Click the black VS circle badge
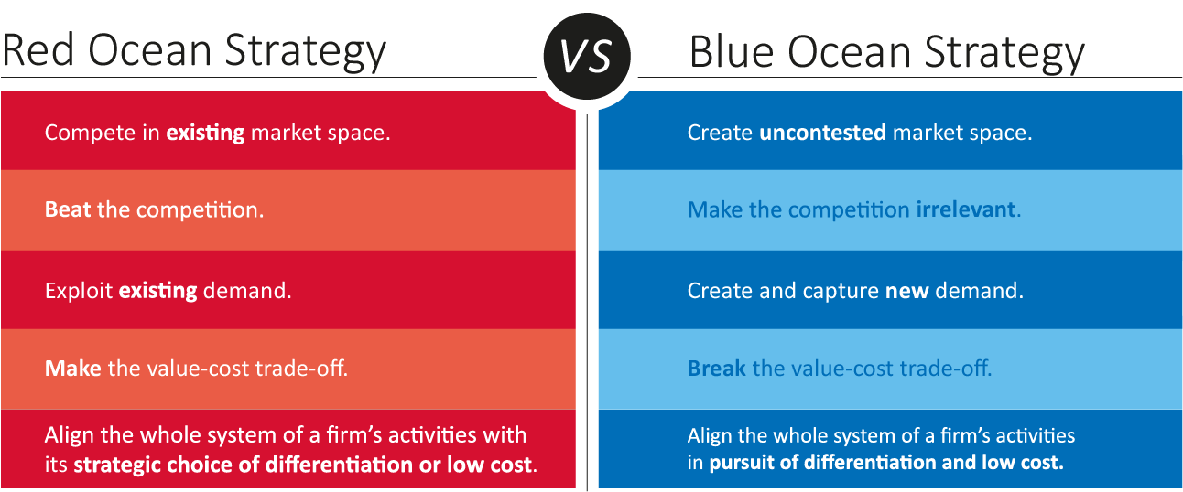[x=587, y=56]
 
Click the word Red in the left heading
[x=38, y=50]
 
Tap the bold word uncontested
[x=822, y=133]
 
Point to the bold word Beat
[x=68, y=210]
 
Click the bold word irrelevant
[x=965, y=209]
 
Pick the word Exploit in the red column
[x=79, y=291]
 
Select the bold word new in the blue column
[x=906, y=291]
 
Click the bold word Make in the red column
[x=73, y=368]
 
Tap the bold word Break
[x=717, y=368]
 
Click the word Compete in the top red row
[x=91, y=133]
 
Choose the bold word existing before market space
[x=205, y=133]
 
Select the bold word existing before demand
[x=157, y=291]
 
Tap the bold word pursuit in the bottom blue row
[x=742, y=463]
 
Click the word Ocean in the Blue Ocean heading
[x=849, y=52]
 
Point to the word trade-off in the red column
[x=301, y=368]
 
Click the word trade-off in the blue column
[x=946, y=368]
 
